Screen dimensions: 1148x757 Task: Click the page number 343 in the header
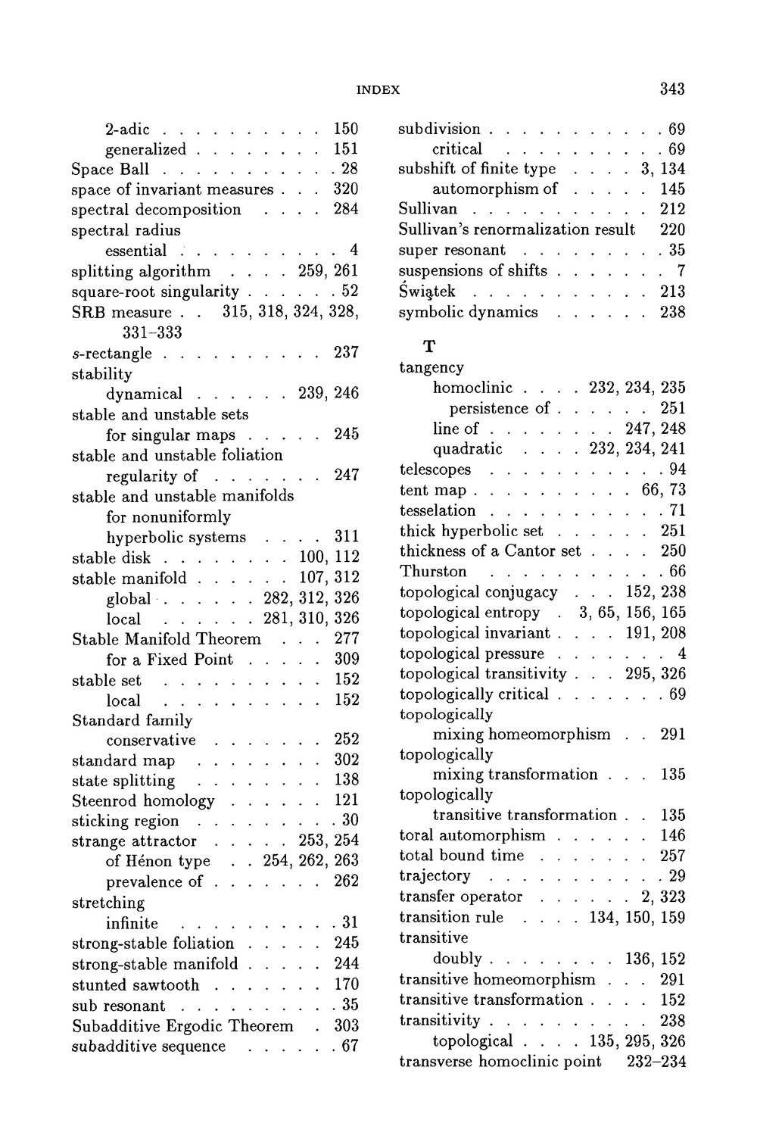click(671, 89)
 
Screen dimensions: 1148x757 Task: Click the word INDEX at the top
click(378, 89)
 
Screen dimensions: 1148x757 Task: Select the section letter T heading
click(429, 347)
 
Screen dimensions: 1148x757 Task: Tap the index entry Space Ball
click(110, 169)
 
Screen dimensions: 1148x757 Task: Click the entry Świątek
click(427, 292)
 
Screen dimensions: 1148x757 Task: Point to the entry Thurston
click(433, 572)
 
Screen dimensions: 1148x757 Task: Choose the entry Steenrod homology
click(143, 801)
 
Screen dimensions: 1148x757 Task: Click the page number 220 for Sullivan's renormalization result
click(672, 229)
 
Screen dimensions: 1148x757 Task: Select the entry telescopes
click(435, 469)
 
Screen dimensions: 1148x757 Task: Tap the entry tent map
click(433, 490)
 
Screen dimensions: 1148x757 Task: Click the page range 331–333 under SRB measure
click(151, 332)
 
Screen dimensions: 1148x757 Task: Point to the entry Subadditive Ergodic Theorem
click(182, 1026)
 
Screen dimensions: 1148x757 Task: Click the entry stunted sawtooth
click(136, 985)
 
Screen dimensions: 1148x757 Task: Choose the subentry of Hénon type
click(158, 861)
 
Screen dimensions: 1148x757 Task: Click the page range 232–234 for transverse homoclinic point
click(656, 1062)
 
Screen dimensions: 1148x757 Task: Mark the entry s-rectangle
click(111, 354)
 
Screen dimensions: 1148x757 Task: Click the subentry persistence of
click(500, 408)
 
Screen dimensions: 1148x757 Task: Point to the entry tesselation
click(438, 510)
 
